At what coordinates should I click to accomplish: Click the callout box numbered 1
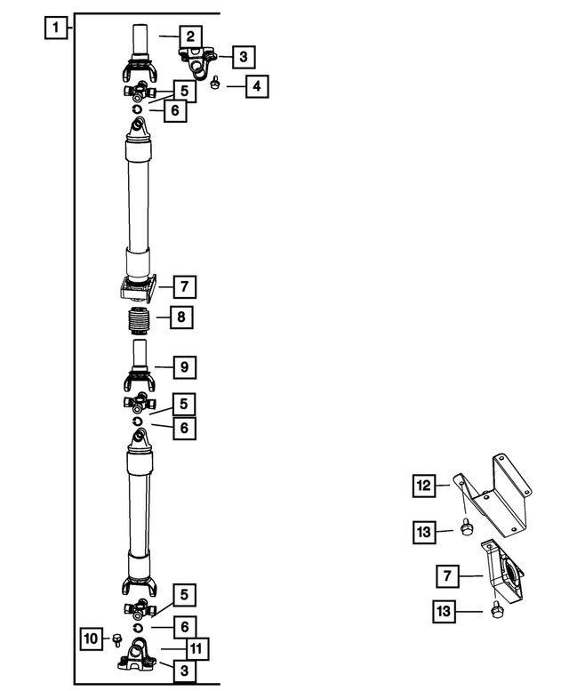tap(55, 28)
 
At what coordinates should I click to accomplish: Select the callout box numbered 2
tap(189, 36)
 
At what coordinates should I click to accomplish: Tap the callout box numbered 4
tap(257, 87)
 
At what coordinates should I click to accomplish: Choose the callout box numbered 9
tap(184, 366)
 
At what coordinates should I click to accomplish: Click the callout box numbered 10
tap(91, 638)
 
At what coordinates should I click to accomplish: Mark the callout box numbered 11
tap(199, 648)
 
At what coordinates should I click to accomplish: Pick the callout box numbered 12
tap(424, 486)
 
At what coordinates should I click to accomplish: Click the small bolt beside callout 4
tap(216, 84)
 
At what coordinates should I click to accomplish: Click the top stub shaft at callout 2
tap(139, 40)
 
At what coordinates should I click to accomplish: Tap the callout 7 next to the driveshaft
tap(184, 286)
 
